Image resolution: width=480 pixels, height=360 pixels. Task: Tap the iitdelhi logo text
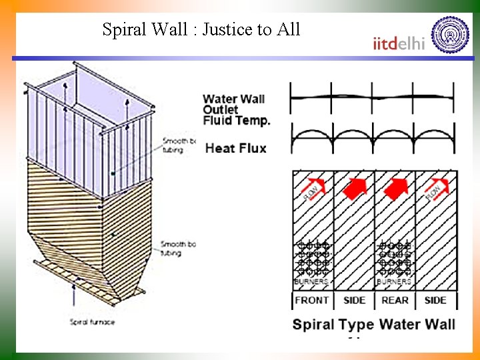[399, 43]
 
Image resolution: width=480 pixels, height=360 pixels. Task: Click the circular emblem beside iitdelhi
[450, 34]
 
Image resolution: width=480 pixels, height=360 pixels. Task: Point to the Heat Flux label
[235, 148]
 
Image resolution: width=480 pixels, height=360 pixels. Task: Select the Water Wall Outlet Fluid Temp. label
[237, 110]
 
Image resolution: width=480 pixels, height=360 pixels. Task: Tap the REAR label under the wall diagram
[395, 300]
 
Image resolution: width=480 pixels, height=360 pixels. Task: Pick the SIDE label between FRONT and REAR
[354, 300]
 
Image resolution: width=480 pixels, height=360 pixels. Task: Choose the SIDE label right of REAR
[435, 300]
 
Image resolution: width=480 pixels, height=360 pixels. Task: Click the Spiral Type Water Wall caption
[374, 325]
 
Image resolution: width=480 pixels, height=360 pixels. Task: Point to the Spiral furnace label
[93, 322]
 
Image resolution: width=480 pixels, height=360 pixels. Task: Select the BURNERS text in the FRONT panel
[312, 281]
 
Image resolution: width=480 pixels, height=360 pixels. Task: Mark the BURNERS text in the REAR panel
[395, 281]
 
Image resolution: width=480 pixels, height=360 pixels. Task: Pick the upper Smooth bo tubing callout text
[179, 145]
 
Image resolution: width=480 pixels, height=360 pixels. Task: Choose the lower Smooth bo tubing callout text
[179, 249]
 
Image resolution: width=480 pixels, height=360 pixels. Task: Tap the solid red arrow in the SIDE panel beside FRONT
[355, 189]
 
